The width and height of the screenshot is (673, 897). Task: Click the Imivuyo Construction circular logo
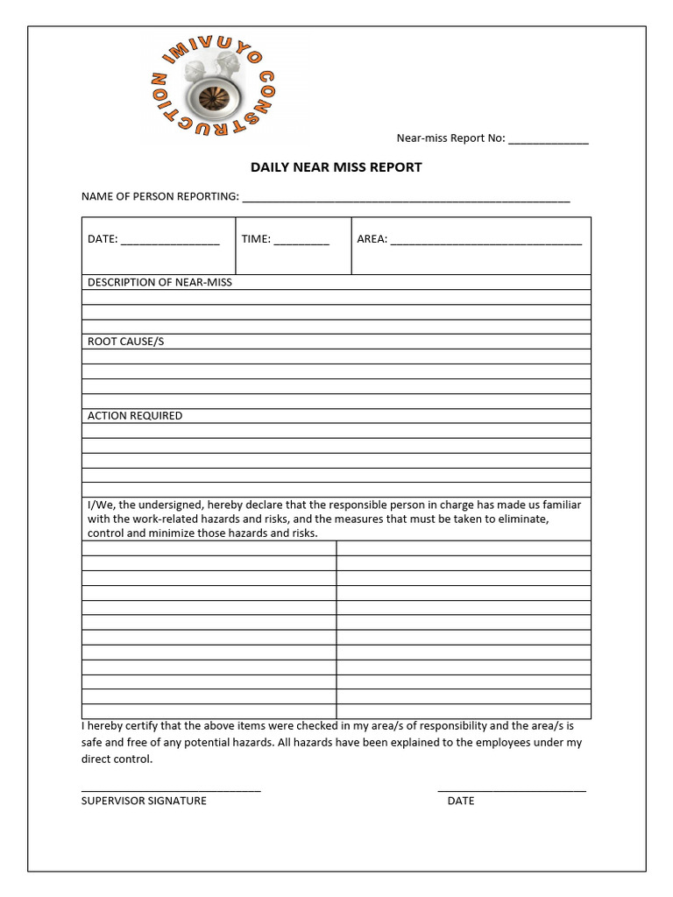click(x=208, y=91)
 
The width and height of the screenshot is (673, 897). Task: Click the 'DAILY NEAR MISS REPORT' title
click(x=336, y=167)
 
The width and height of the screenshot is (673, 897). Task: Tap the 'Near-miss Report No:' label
click(x=450, y=138)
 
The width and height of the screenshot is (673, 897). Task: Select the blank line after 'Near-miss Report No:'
click(x=549, y=141)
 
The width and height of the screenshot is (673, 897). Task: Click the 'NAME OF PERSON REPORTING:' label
click(x=159, y=196)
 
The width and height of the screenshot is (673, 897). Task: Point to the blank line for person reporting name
click(x=406, y=199)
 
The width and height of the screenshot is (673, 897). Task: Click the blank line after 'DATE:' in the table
click(x=170, y=241)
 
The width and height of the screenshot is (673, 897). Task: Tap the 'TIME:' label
click(x=256, y=239)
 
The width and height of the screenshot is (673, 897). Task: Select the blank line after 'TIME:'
click(x=301, y=241)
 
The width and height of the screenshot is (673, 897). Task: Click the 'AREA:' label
click(x=372, y=239)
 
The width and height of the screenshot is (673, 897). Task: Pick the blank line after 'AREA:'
click(x=485, y=241)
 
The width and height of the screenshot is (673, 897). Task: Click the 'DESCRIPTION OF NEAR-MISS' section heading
click(x=159, y=282)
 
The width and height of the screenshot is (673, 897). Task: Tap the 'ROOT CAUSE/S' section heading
click(x=125, y=342)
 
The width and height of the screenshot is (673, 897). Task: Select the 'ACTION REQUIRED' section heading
click(x=135, y=416)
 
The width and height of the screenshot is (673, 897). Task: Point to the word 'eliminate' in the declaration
click(x=522, y=519)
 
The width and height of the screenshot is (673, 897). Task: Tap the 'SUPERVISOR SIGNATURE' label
click(x=144, y=801)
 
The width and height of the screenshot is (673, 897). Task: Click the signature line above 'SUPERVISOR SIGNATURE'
click(x=171, y=790)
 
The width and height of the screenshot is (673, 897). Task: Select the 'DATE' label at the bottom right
click(x=460, y=801)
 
